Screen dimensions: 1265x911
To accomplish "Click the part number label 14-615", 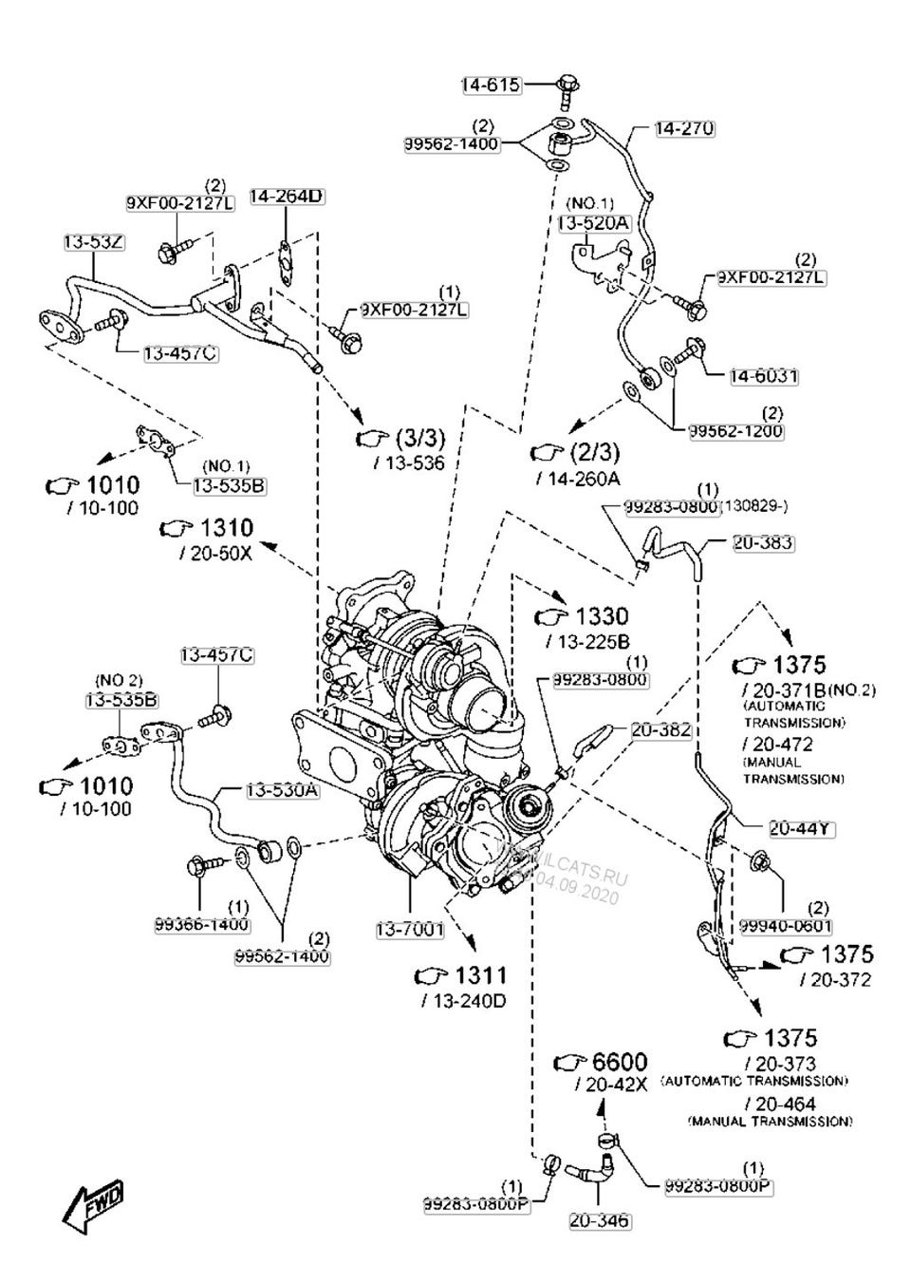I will click(491, 85).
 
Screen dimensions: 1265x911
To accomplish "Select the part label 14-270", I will click(684, 128).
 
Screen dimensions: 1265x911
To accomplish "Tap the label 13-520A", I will click(593, 223).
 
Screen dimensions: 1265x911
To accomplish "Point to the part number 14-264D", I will click(286, 197).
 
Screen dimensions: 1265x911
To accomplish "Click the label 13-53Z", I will click(95, 241).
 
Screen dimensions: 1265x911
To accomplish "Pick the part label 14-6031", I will click(763, 376).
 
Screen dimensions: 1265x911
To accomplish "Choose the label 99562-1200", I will click(735, 430).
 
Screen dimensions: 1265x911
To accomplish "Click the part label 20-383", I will click(763, 543).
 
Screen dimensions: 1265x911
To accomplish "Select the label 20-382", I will click(661, 730).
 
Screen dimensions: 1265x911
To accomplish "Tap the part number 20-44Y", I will click(801, 828).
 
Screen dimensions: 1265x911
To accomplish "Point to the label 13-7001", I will click(409, 930).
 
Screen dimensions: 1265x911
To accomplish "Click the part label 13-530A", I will click(282, 790).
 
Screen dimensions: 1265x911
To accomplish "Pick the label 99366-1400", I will click(202, 924).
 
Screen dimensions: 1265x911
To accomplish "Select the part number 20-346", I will click(599, 1220).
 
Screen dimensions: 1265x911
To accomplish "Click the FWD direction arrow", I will click(93, 1203).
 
